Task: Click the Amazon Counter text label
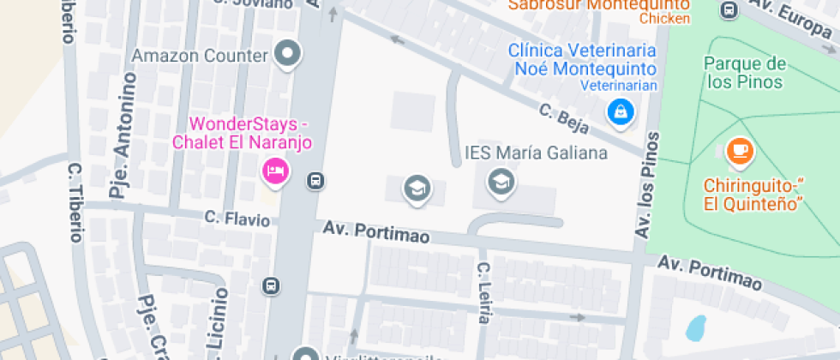coord(200,56)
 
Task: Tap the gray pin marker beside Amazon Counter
coord(288,54)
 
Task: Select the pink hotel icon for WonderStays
coord(274,171)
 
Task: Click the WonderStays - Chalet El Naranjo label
coord(243,133)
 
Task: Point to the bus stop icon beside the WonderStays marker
coord(315,181)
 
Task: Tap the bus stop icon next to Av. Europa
coord(729,10)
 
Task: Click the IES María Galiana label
coord(536,153)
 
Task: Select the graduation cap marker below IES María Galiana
coord(500,181)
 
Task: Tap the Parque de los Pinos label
coord(745,72)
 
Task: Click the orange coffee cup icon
coord(738,151)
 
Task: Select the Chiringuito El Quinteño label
coord(753,194)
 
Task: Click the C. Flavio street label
coord(237,219)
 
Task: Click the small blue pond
coord(696,327)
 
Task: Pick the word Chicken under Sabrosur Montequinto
coord(664,18)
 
